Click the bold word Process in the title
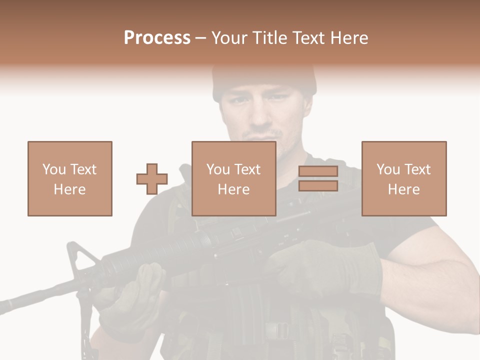(x=157, y=38)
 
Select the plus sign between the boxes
(x=152, y=179)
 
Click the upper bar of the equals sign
(x=318, y=171)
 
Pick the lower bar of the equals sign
(x=318, y=186)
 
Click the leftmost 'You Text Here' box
(x=70, y=178)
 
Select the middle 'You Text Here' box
(x=234, y=178)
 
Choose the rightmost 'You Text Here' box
(x=404, y=178)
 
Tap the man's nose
(x=260, y=115)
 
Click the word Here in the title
(x=349, y=38)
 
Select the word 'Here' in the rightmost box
(x=404, y=189)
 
